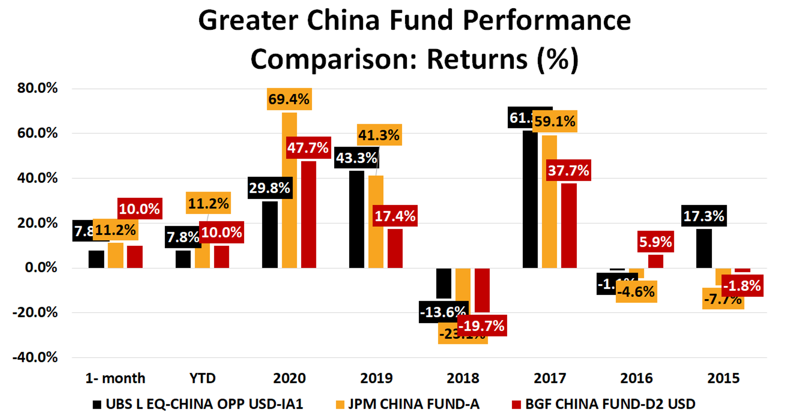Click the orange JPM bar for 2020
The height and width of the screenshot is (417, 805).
tap(289, 190)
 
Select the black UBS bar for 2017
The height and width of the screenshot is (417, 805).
tap(530, 199)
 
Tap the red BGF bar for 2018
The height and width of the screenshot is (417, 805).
tap(482, 290)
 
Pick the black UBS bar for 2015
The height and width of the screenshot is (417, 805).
tap(704, 248)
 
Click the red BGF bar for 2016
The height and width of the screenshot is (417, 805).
tap(656, 261)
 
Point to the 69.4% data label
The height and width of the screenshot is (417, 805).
tap(289, 99)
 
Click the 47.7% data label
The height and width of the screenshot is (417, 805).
tap(308, 148)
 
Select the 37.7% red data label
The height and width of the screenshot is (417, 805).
tap(568, 170)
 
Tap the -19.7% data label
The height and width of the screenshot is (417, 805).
tap(482, 326)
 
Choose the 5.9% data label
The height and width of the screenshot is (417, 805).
tap(656, 241)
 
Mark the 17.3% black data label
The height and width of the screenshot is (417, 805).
tap(704, 216)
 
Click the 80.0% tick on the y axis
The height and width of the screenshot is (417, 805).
tap(38, 88)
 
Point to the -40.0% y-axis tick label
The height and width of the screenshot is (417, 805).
tap(35, 357)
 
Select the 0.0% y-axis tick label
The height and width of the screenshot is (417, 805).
tap(41, 267)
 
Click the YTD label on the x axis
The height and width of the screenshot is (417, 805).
tap(202, 379)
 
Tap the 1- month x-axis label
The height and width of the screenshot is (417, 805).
tap(115, 379)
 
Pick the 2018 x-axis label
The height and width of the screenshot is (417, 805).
tap(463, 379)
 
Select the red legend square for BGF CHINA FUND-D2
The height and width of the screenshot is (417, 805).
tap(516, 404)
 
